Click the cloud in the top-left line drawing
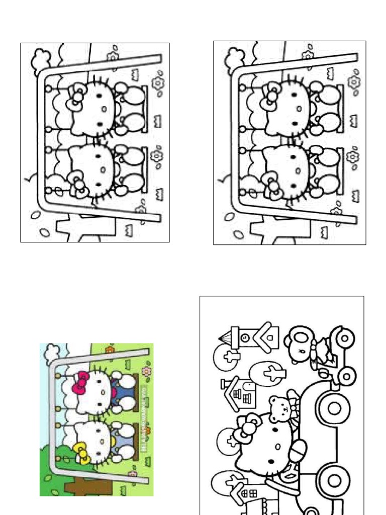coord(40,61)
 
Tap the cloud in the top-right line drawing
coord(234,60)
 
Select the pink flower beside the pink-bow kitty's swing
coord(146,372)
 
